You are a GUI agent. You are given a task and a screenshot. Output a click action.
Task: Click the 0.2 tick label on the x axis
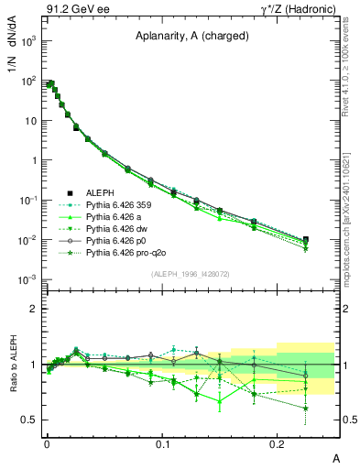[278, 442]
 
